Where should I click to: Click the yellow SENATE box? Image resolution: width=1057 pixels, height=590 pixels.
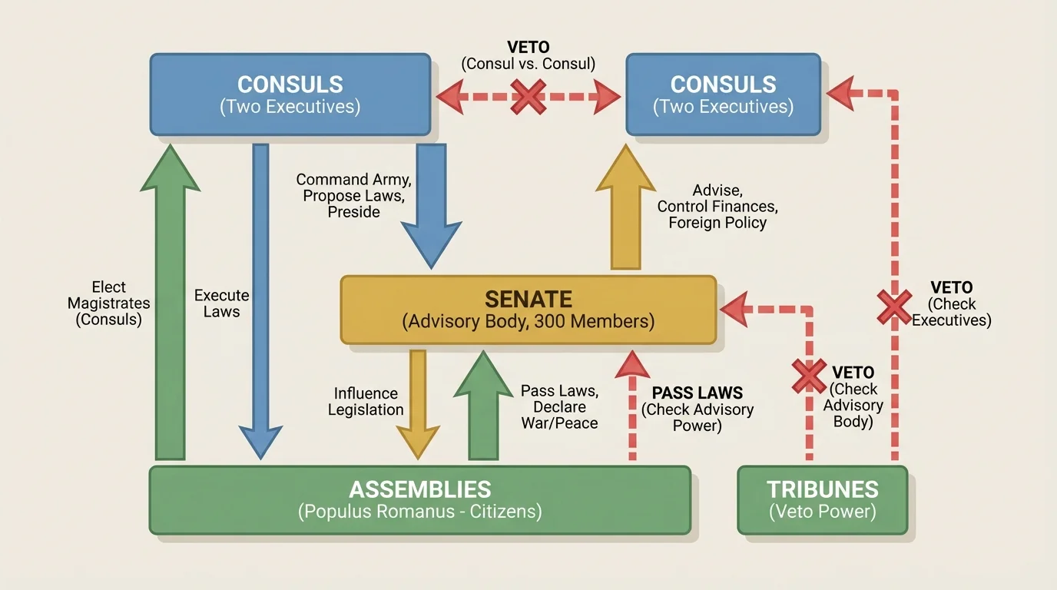(x=528, y=310)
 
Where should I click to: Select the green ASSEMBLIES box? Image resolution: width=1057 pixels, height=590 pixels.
(x=419, y=499)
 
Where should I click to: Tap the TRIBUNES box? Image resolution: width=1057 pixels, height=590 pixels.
(x=822, y=499)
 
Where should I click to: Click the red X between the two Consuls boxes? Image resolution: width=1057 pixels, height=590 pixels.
(x=528, y=97)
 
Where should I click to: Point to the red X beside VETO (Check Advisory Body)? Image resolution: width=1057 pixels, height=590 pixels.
(x=809, y=376)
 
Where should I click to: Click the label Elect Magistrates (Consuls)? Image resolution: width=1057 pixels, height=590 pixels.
(x=108, y=303)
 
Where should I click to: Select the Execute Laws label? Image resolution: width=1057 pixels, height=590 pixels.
(x=221, y=303)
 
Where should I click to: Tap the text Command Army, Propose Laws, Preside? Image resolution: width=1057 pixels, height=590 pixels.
(x=354, y=195)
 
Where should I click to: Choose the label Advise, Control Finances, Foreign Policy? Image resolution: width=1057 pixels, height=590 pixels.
(x=717, y=206)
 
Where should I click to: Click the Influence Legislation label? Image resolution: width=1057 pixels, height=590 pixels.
(x=366, y=402)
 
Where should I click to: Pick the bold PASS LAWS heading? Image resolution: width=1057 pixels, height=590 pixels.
(x=697, y=393)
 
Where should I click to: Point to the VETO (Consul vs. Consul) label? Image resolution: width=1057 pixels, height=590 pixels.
(x=528, y=56)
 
